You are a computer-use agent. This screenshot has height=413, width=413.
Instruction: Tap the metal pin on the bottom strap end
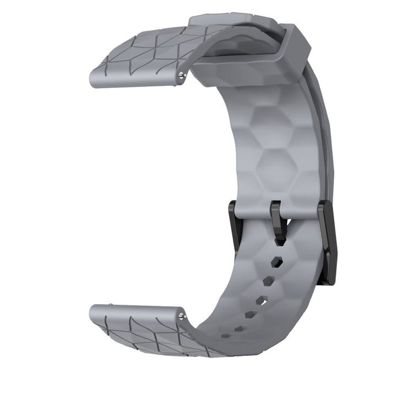click(182, 316)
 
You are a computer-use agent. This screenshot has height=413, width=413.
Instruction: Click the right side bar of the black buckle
click(328, 242)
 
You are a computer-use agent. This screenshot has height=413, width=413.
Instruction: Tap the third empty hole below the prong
click(261, 301)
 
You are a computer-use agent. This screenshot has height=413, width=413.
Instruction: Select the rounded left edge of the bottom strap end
click(93, 316)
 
